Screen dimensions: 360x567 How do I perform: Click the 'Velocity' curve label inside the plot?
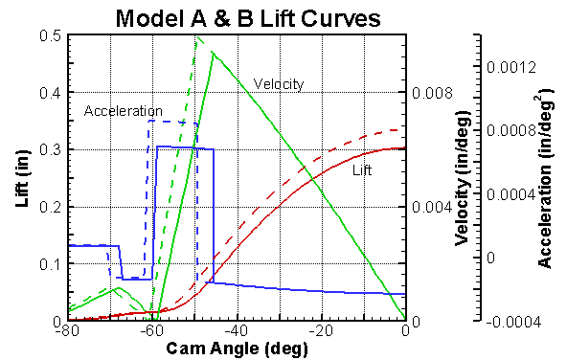[279, 84]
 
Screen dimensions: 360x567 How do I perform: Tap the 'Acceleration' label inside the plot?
[124, 111]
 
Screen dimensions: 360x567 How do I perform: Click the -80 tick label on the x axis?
[66, 331]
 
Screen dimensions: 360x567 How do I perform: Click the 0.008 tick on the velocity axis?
[429, 94]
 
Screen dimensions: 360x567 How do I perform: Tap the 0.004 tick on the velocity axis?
[429, 208]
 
